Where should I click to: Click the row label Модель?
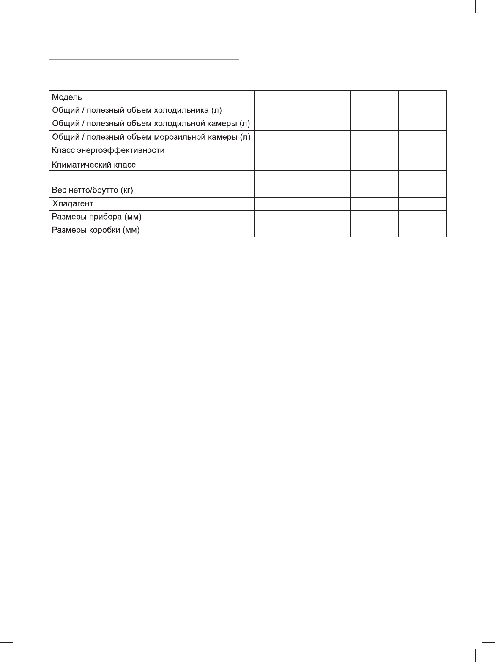pos(63,98)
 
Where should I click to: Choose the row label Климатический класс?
pos(93,165)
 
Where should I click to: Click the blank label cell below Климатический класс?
pos(152,177)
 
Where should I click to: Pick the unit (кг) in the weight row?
pos(127,190)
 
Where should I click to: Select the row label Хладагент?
pos(72,204)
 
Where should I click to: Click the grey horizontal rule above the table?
pos(144,60)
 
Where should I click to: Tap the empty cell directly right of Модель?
pos(279,98)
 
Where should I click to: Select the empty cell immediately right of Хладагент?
pos(279,204)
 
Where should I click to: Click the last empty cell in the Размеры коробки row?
pos(422,231)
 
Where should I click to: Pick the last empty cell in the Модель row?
pos(422,98)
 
